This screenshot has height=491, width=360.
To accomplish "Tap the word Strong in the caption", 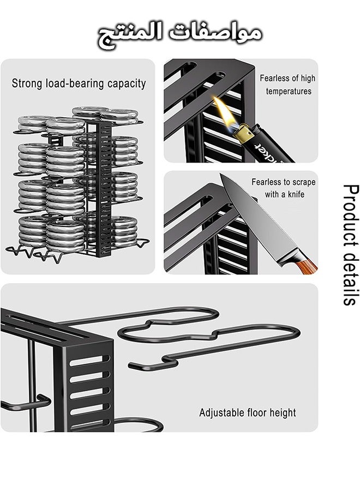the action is (27, 83).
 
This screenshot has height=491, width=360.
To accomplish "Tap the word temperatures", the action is (289, 92).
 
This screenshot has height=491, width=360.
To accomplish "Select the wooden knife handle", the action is (306, 265).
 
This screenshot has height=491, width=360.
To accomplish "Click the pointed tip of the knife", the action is (221, 175).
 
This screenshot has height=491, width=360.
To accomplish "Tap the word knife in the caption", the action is (296, 194).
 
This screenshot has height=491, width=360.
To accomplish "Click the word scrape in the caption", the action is (303, 182).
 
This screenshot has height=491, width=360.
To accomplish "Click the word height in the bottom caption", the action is (283, 413).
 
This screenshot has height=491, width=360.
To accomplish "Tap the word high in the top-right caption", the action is (308, 78).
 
